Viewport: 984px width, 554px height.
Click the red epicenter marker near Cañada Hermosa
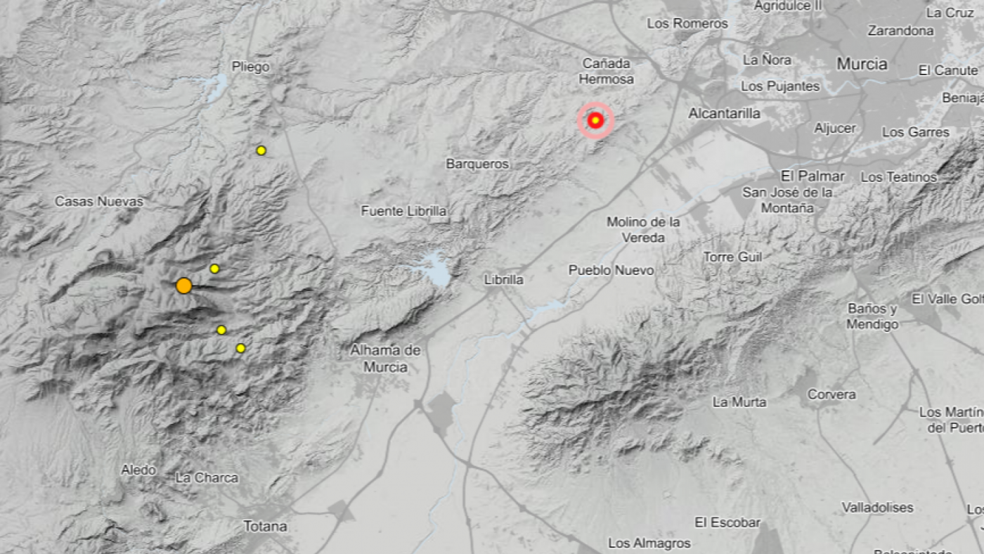(595, 121)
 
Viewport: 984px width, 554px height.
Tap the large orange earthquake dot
(183, 285)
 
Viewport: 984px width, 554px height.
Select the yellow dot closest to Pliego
(261, 150)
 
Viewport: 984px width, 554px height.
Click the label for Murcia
(862, 64)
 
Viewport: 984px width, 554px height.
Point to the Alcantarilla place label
(724, 113)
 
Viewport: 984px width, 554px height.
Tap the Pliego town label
(250, 67)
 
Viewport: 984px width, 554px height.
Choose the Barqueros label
(477, 164)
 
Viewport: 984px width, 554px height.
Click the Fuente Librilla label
(404, 211)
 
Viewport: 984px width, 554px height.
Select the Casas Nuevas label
(99, 202)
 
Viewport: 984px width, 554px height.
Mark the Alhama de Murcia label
(385, 358)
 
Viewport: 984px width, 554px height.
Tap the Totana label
(265, 526)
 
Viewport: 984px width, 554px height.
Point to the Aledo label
(138, 470)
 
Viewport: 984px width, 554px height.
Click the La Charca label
(207, 478)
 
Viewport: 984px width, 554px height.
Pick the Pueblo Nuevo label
(611, 270)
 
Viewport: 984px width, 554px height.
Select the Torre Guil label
(733, 257)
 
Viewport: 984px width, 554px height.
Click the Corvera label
(831, 395)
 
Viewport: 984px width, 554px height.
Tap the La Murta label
(739, 402)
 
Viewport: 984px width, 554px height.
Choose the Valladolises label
(878, 508)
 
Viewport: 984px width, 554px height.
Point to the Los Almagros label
(649, 543)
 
